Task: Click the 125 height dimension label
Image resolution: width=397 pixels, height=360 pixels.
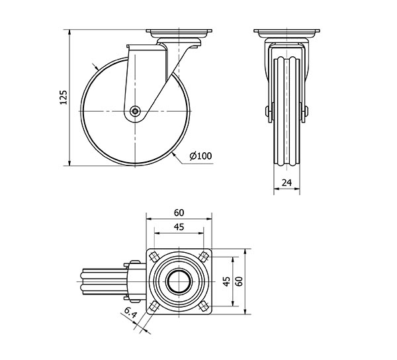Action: pos(64,97)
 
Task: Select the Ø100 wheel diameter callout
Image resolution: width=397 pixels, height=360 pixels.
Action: pos(200,156)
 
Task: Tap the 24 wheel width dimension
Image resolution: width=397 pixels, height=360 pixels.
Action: pos(287,183)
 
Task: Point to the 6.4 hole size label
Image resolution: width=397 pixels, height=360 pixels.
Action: pos(130,312)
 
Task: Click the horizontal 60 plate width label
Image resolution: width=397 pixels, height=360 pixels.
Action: pos(179,213)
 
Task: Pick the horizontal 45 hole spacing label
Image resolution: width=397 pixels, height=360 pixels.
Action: pos(179,227)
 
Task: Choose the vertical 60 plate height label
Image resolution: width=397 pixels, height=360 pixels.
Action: pos(239,281)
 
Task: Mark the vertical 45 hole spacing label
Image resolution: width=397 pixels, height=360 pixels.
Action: pos(226,281)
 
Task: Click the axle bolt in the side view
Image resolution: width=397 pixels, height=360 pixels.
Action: pos(135,111)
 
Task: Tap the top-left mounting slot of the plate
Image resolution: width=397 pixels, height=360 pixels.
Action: pos(154,257)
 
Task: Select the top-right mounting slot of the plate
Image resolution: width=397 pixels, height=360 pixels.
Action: pos(203,257)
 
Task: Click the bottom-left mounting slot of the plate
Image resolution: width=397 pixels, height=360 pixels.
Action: pos(154,306)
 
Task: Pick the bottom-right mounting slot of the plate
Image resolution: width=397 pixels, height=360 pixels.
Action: pos(203,306)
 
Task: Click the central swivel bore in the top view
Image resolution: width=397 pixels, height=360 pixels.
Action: pos(179,281)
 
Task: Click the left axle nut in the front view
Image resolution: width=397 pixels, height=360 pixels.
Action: pos(267,111)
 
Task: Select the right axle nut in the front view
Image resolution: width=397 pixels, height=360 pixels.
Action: pos(306,111)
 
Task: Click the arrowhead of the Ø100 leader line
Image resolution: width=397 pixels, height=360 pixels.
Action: pos(173,154)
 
